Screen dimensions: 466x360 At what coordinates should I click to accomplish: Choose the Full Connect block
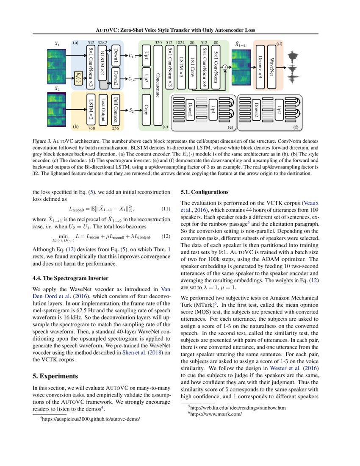click(116, 109)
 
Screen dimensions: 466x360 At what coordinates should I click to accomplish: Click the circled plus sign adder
click(225, 67)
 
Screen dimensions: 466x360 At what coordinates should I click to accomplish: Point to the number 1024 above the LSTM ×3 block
click(181, 42)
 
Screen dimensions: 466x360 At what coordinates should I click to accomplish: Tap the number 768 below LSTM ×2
click(91, 127)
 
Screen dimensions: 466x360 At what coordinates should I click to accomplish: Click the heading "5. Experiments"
click(55, 376)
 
